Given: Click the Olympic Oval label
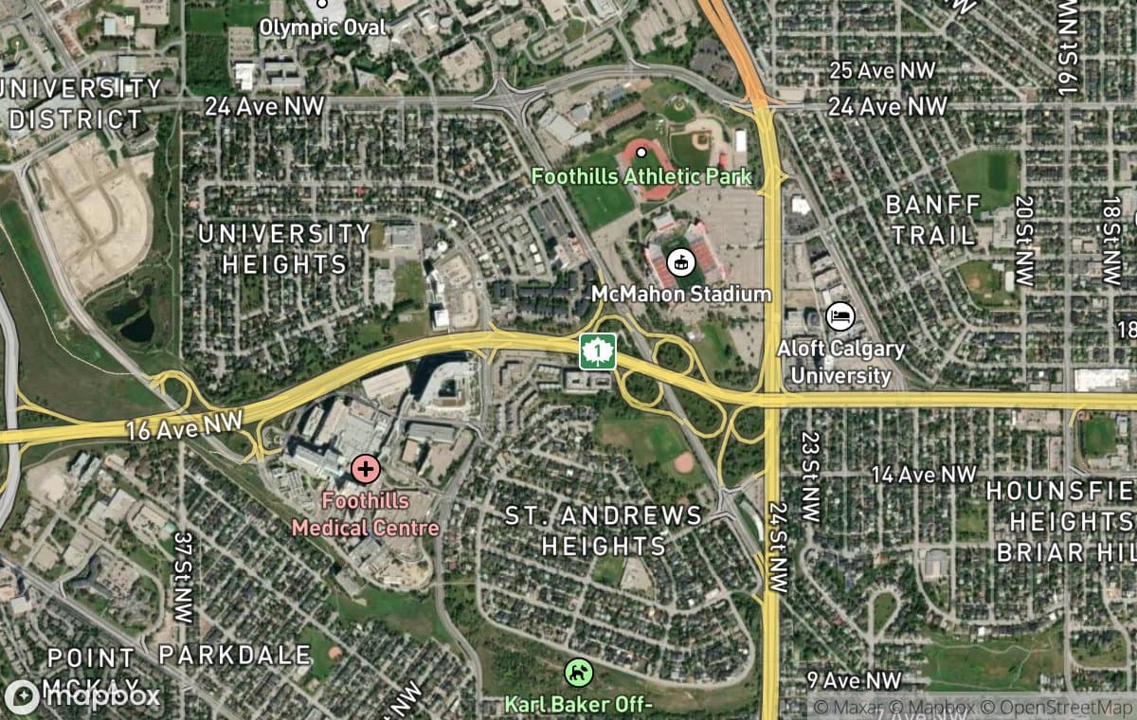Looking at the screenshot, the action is point(322,26).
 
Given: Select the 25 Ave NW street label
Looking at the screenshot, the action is point(881,70).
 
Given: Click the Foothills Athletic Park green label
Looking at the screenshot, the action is point(641,176).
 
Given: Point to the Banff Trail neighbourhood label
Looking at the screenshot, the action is point(932,220).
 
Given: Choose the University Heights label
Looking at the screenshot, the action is point(284,248).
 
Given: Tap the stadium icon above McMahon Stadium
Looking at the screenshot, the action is point(679,261).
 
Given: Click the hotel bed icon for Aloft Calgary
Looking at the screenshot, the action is point(840,316).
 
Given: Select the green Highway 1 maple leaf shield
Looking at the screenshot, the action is point(598,351).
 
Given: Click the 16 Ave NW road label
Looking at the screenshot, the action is point(185,423).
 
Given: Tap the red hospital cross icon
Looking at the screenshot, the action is point(365,468).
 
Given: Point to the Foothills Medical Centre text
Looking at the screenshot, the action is point(366,513).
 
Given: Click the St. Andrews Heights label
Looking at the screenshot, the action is point(604,531).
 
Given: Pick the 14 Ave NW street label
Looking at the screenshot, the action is point(923,474).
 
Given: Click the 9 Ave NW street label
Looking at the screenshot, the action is point(853,680).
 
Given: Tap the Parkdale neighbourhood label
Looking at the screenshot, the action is point(234,655).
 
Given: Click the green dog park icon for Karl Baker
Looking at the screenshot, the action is point(577,673).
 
